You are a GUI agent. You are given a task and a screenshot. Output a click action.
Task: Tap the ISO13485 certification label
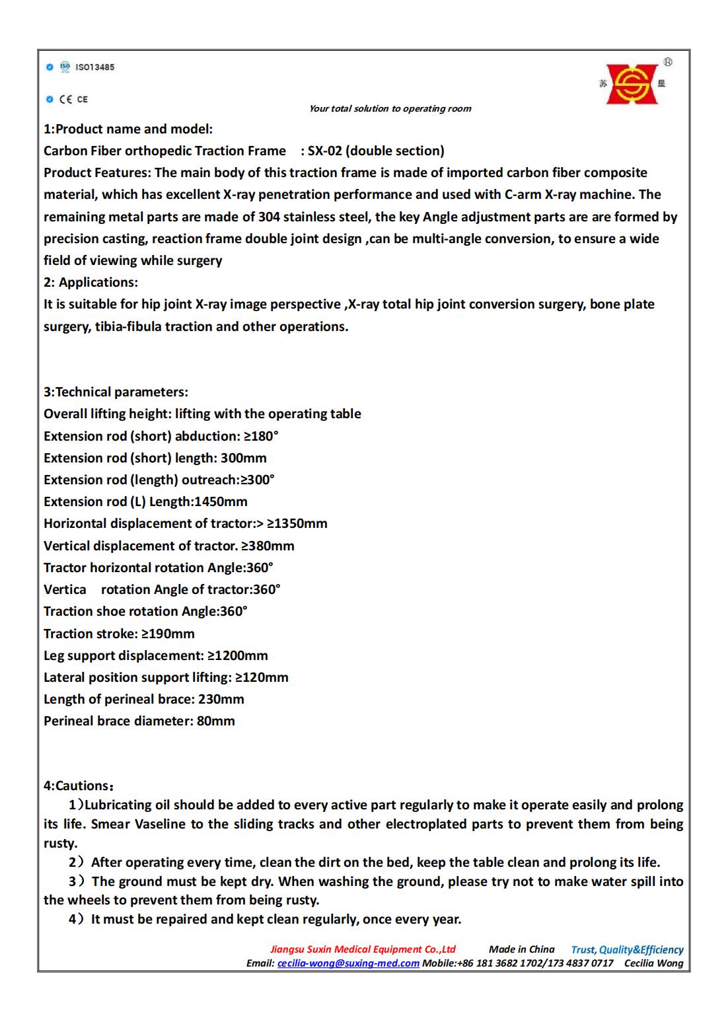(x=94, y=67)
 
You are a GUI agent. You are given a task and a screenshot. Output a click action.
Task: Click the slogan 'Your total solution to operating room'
(x=390, y=109)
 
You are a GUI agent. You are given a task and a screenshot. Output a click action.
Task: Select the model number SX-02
(x=325, y=151)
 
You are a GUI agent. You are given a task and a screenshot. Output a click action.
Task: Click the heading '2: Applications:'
(x=91, y=283)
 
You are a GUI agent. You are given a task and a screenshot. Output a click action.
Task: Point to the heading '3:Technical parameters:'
(x=116, y=392)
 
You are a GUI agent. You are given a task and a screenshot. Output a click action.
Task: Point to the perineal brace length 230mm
(x=221, y=700)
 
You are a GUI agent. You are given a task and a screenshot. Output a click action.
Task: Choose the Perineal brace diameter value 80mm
(x=215, y=721)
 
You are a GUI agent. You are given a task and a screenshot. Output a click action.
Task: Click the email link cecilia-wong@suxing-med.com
(x=348, y=963)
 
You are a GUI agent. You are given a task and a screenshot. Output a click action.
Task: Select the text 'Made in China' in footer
(x=521, y=949)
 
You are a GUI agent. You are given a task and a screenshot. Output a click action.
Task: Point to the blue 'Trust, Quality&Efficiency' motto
(x=627, y=950)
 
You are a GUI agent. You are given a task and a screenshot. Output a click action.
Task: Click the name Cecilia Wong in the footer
(x=653, y=963)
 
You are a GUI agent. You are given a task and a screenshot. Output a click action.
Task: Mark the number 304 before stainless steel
(x=270, y=217)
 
